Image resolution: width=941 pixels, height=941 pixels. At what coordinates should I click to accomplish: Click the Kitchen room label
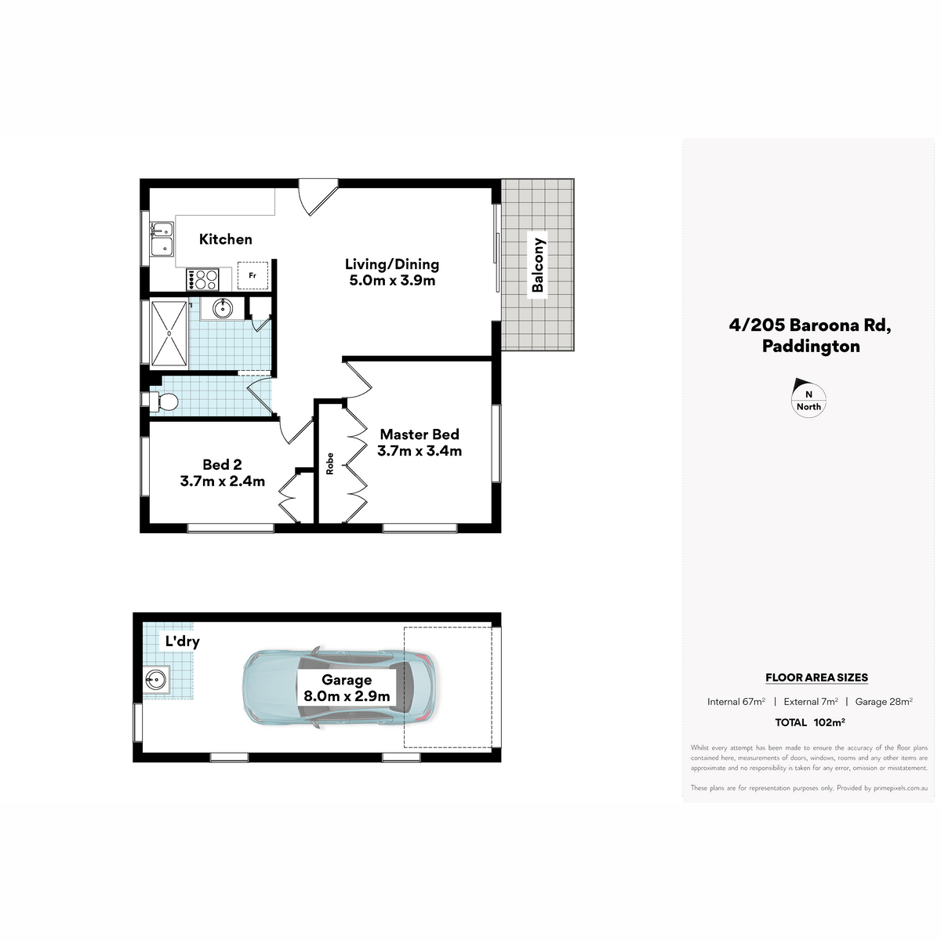coord(226,239)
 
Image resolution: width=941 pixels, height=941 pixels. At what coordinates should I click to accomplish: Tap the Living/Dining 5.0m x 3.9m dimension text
coord(392,280)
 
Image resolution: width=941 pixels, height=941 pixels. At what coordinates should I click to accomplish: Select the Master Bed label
coord(420,434)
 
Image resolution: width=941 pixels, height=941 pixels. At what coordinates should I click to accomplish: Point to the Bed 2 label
coord(222,464)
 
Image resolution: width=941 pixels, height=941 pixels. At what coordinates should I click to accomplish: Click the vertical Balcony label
coord(538,265)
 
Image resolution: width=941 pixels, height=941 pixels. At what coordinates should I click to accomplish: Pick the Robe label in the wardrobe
coord(329,463)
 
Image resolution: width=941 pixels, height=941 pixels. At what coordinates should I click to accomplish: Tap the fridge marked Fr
coord(253,276)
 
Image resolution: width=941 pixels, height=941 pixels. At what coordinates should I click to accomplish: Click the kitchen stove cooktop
coord(202,280)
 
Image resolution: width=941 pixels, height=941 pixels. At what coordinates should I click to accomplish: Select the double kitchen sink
coord(162,239)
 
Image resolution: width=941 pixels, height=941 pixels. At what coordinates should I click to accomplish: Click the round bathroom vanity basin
coord(223,307)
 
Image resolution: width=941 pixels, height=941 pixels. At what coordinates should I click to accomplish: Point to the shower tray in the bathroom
coord(169,333)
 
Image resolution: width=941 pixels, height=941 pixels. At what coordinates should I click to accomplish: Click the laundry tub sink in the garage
coord(156,679)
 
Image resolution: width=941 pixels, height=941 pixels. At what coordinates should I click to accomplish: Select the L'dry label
coord(182,641)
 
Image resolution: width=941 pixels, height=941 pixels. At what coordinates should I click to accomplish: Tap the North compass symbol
coord(808,398)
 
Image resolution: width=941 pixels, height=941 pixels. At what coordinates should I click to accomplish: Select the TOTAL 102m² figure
coord(809,722)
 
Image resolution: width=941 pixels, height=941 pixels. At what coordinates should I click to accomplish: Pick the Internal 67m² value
coord(736,702)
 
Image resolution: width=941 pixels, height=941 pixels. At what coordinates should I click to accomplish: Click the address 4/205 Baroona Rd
coord(810,325)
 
